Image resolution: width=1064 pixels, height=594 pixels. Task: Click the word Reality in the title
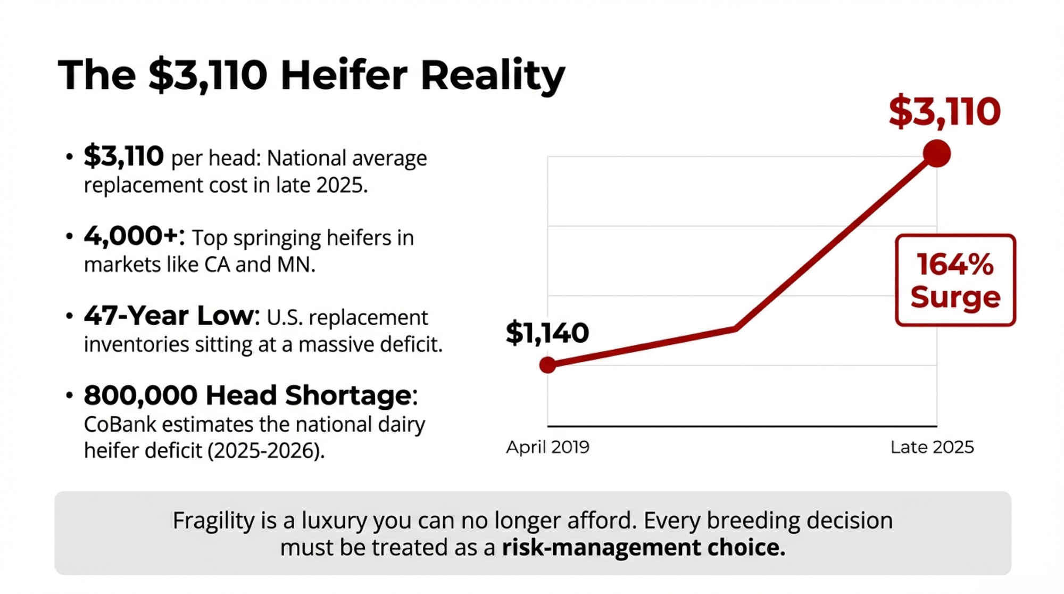(493, 76)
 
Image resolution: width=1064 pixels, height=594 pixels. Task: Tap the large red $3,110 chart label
(945, 112)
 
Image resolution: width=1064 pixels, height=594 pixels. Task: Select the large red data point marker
(936, 154)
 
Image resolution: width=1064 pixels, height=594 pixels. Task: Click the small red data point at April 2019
(547, 365)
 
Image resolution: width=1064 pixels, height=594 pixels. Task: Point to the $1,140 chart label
(547, 333)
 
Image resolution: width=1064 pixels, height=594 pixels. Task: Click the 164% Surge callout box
(955, 280)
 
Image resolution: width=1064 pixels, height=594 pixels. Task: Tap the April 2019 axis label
(547, 447)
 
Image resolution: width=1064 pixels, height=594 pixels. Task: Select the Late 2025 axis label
(932, 447)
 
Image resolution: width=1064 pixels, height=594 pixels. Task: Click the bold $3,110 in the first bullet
(123, 156)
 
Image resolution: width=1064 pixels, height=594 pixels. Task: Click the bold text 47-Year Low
(169, 316)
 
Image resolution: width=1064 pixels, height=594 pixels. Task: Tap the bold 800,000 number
(140, 395)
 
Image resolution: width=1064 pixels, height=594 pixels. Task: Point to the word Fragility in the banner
(214, 521)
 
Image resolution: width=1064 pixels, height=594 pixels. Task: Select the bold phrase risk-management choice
(643, 548)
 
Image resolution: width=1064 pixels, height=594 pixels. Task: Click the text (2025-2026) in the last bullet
(265, 451)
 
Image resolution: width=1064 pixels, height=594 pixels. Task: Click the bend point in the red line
(736, 328)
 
